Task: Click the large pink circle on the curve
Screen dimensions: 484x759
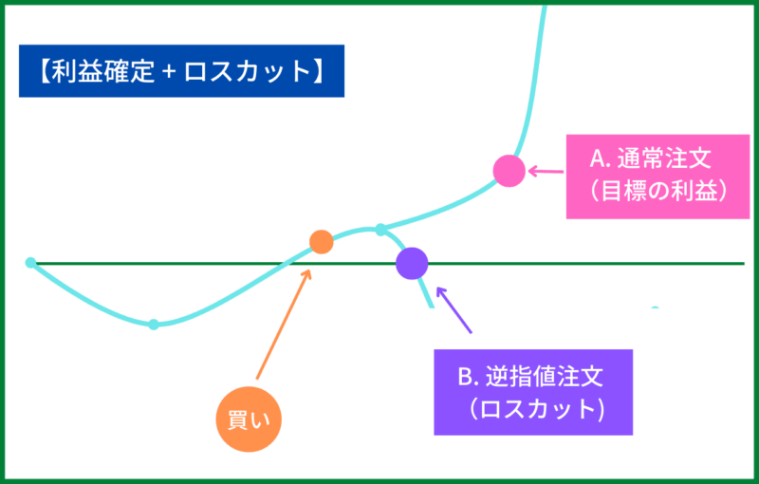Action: pos(509,171)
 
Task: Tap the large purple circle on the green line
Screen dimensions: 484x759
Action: pos(412,262)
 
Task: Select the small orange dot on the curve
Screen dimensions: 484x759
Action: pos(322,242)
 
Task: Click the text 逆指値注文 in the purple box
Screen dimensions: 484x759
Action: pos(542,377)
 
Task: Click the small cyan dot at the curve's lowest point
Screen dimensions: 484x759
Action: pos(154,325)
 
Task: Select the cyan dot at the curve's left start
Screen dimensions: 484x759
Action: pos(30,262)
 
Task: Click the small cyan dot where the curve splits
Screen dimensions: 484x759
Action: pos(380,230)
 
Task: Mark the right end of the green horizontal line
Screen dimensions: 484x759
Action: pos(743,263)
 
